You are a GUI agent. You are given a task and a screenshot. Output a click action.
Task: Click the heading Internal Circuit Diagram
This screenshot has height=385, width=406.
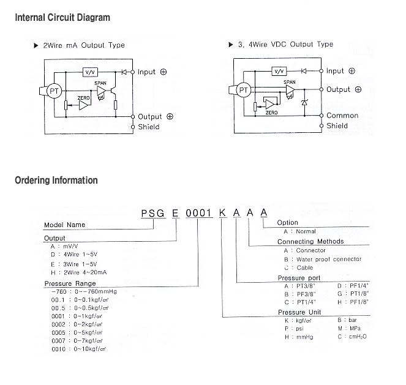tap(62, 17)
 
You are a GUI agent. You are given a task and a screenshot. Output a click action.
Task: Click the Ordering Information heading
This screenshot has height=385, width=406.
tap(56, 181)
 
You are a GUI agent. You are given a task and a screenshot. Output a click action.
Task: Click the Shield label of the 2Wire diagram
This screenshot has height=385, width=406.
tap(149, 127)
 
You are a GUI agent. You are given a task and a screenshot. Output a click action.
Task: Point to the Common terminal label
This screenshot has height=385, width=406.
tap(342, 115)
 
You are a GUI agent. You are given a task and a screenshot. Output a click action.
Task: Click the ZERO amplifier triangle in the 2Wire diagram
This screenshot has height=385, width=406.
tap(83, 105)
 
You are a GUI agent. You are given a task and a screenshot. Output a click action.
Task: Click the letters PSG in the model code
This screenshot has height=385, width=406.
tap(152, 213)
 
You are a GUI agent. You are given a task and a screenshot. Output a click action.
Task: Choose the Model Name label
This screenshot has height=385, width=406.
tap(65, 225)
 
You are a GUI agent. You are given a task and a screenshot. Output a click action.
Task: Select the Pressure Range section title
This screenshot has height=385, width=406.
tap(70, 284)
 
